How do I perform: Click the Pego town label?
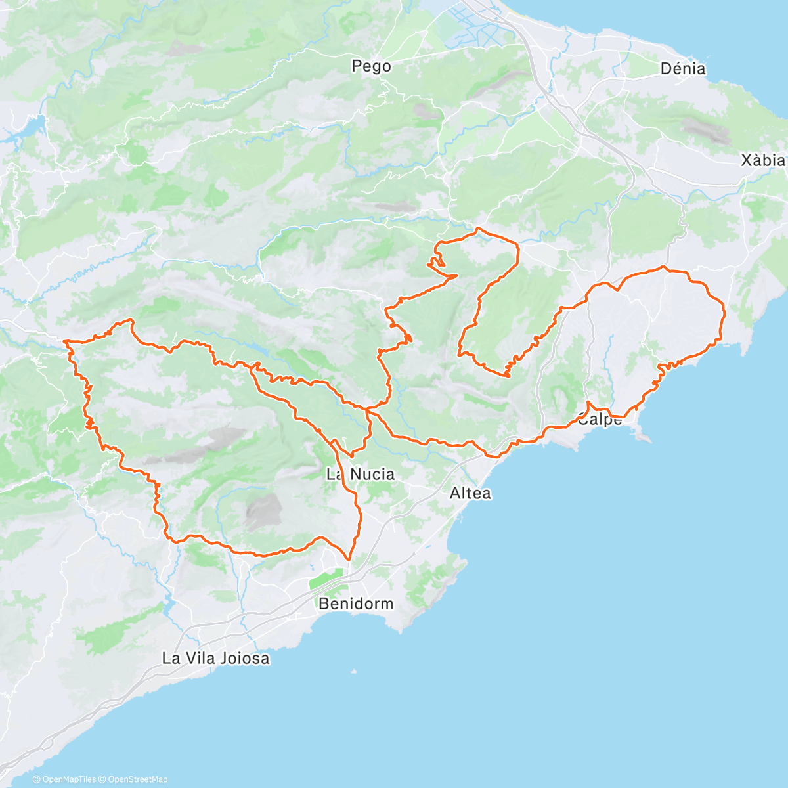(x=371, y=66)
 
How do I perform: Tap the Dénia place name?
(x=683, y=68)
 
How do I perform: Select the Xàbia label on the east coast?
(x=762, y=160)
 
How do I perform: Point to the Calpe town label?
(x=600, y=420)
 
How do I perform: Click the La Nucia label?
(x=361, y=473)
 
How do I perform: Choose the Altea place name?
(x=470, y=492)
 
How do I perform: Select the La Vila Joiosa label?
(x=215, y=657)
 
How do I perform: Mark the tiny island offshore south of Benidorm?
(x=354, y=671)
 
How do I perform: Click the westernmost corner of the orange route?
(x=64, y=341)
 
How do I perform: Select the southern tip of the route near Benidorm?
(x=349, y=559)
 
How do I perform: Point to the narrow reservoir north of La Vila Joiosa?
(x=169, y=604)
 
